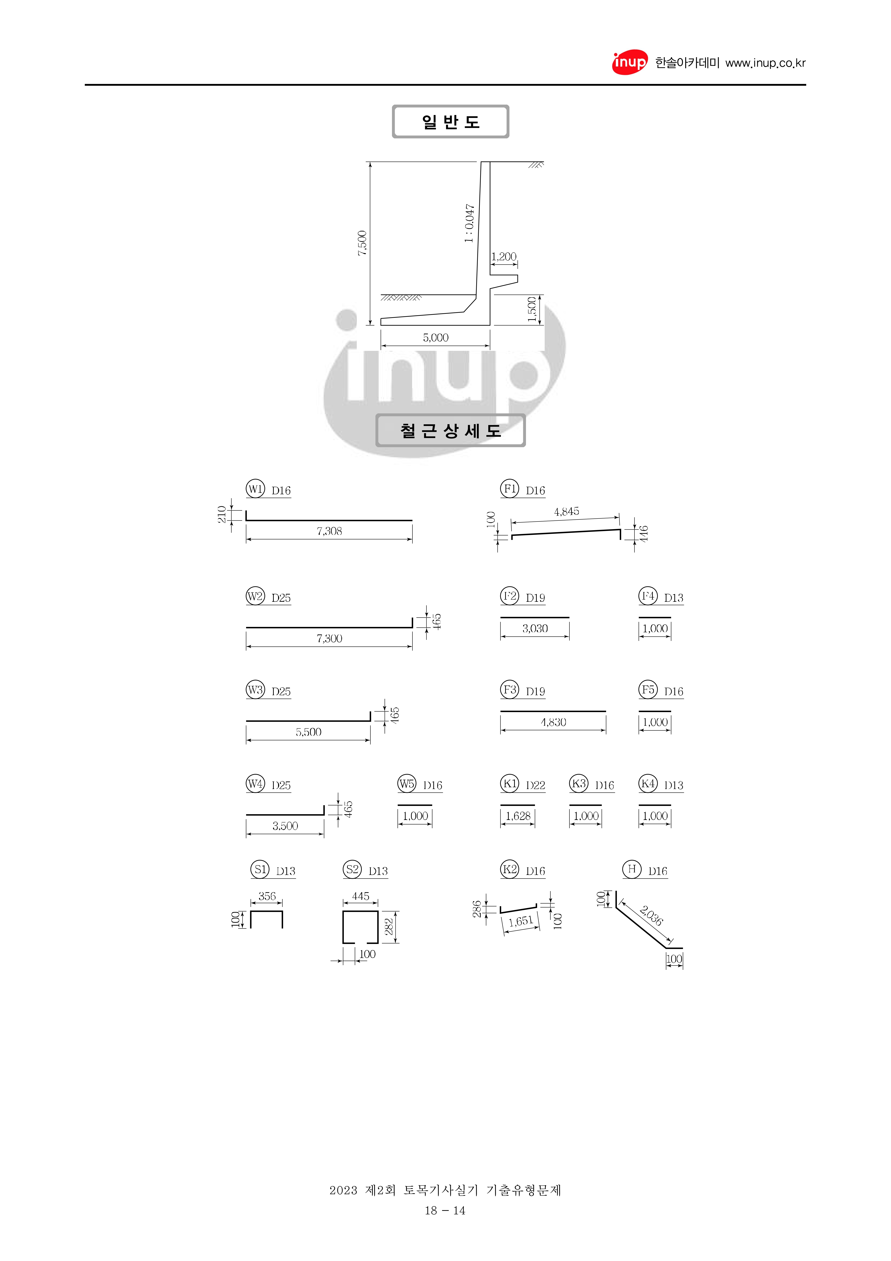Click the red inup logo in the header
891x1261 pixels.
630,63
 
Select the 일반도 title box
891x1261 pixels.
450,121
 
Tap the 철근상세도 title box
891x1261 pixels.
450,431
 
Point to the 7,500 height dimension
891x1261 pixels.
362,243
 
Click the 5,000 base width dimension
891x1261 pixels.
435,337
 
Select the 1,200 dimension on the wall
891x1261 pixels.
503,256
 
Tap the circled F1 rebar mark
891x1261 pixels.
509,488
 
